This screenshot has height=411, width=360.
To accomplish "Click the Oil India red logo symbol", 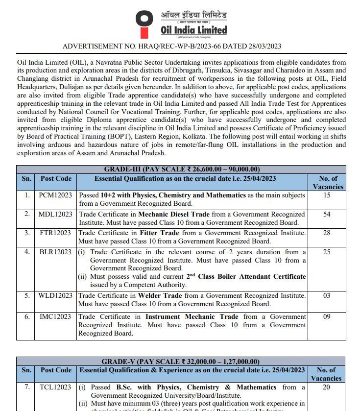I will pos(144,24).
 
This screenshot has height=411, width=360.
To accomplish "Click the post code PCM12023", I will pos(55,195).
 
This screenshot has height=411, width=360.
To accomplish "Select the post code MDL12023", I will pos(55,214).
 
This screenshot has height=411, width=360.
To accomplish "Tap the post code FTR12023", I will pos(55,233).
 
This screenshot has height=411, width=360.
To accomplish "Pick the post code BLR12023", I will pos(55,252).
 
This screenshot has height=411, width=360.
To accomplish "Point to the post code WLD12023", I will pos(55,295).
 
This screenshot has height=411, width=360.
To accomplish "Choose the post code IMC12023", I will pos(55,317).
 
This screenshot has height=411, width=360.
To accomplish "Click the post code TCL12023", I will pos(55,387).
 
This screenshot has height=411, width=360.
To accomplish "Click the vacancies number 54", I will pos(327,214).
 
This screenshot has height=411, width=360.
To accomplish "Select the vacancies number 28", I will pos(327,233).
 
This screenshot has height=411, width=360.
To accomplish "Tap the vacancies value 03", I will pos(327,295).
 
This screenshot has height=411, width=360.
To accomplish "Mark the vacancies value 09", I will pos(327,317).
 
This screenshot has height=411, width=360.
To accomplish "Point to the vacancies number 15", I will pos(327,195).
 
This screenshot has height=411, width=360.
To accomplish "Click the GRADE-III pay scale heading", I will pos(180,169).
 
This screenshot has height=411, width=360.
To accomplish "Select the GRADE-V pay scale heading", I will pos(180,362).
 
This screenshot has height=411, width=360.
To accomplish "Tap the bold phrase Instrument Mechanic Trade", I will pos(192,317).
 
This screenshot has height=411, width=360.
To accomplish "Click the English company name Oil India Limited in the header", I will pos(194,30).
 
